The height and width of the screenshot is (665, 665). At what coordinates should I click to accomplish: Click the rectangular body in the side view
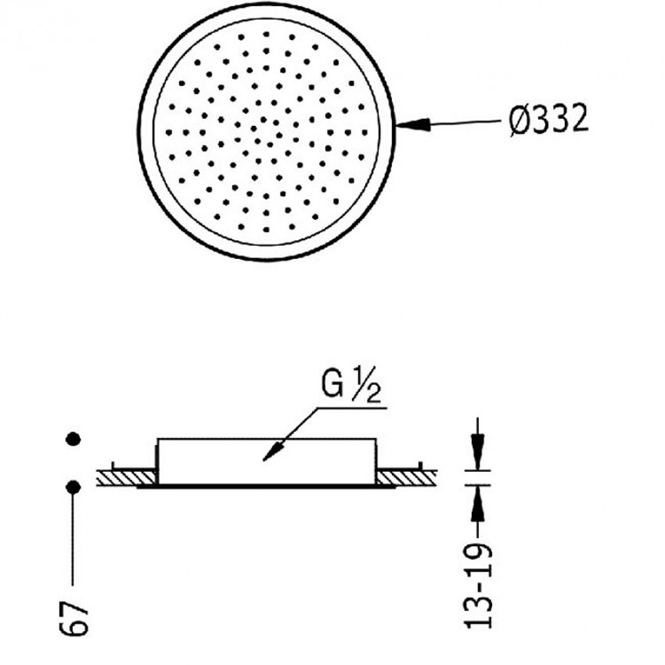[266, 461]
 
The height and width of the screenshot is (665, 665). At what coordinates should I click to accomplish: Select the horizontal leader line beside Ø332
[461, 125]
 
